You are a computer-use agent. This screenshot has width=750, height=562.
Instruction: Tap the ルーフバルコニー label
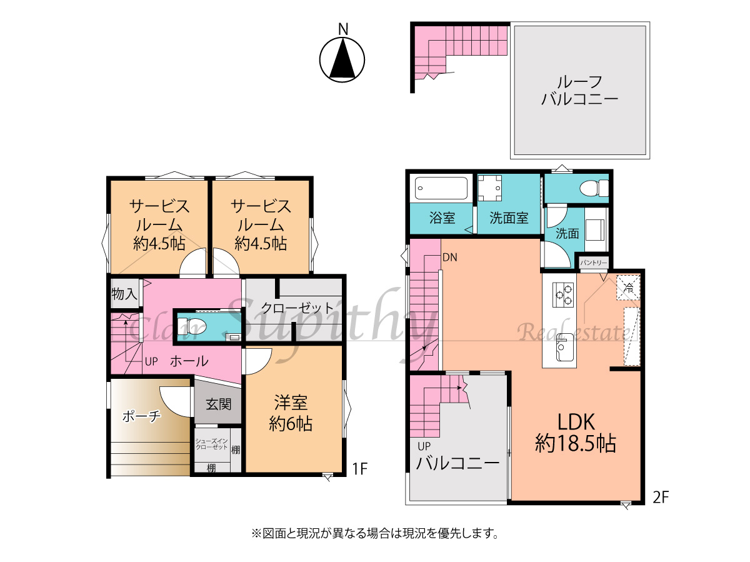click(x=580, y=91)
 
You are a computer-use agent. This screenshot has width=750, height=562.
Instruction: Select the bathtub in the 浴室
click(x=441, y=188)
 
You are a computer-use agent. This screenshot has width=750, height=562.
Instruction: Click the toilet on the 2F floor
click(x=594, y=188)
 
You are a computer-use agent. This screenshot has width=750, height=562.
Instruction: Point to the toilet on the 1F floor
click(x=192, y=326)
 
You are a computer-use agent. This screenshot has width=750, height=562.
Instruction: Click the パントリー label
click(x=594, y=263)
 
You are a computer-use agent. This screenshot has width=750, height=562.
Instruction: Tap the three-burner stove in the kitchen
click(x=562, y=294)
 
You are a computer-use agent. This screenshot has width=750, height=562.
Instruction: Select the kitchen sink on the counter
click(x=566, y=348)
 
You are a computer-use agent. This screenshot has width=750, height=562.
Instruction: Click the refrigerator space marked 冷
click(x=628, y=288)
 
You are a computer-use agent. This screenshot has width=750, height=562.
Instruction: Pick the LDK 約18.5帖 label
click(x=576, y=433)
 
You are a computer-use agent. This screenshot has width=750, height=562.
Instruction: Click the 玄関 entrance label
click(x=218, y=404)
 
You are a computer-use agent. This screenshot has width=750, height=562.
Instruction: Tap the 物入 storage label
click(x=124, y=294)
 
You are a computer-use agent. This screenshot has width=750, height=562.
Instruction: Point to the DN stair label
click(x=449, y=258)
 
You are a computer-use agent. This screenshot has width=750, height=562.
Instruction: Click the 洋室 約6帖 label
click(x=291, y=413)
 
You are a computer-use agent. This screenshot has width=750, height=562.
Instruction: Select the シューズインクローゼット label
click(x=211, y=444)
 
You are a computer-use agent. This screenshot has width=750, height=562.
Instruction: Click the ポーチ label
click(x=141, y=416)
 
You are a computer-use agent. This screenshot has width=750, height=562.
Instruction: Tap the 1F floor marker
click(x=360, y=469)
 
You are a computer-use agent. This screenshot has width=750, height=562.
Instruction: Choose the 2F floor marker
click(x=661, y=498)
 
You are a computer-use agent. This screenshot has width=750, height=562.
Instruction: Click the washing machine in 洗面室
click(x=489, y=188)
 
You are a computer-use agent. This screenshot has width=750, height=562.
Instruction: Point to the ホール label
click(x=189, y=361)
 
